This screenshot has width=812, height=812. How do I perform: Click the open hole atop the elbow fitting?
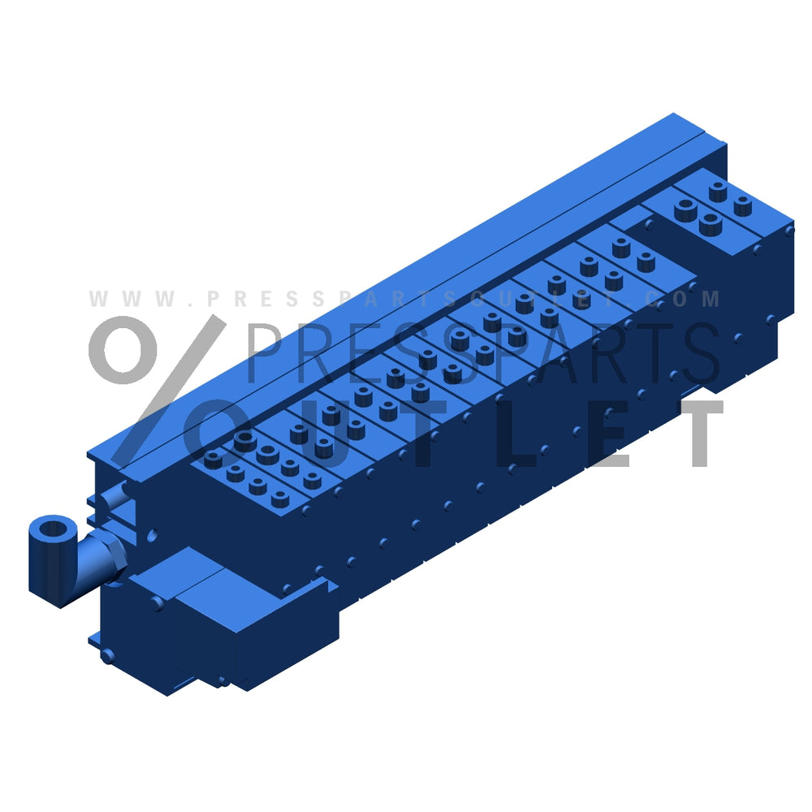(x=54, y=529)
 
